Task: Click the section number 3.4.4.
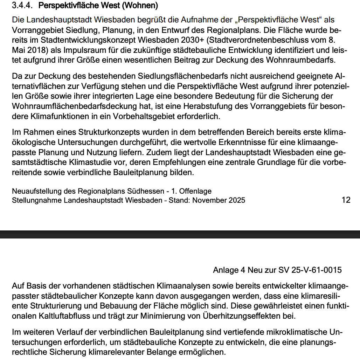[23, 6]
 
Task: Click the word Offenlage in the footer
[195, 191]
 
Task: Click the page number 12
[345, 200]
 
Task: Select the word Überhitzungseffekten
[241, 316]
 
